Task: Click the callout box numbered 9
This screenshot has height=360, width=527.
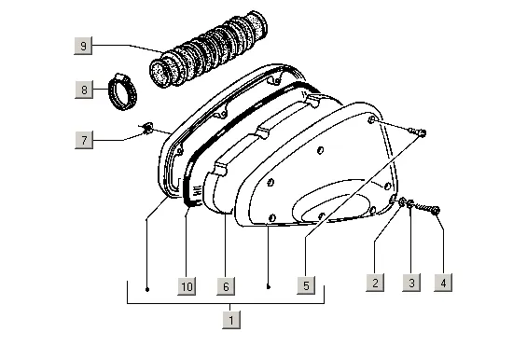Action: (83, 46)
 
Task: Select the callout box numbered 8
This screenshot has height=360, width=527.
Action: (84, 90)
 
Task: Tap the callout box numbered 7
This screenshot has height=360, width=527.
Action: (84, 140)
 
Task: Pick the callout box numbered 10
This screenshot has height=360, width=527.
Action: (187, 286)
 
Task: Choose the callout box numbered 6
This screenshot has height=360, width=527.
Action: (226, 286)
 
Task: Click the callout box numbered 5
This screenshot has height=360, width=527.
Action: (306, 285)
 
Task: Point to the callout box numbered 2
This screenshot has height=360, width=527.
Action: (375, 283)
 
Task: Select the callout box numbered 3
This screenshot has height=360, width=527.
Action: (411, 283)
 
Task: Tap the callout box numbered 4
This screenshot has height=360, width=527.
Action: (443, 283)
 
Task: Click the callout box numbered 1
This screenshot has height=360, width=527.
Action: (231, 320)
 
